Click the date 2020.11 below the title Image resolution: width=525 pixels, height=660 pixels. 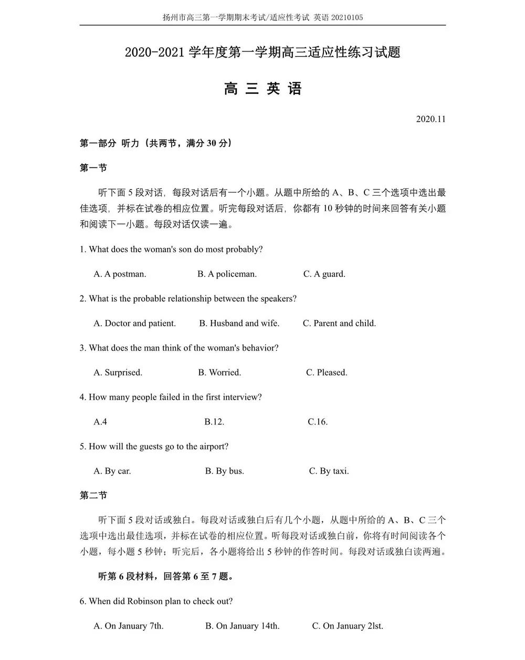[x=430, y=119]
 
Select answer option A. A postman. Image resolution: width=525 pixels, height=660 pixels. [x=120, y=274]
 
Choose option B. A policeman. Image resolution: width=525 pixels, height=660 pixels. [x=227, y=274]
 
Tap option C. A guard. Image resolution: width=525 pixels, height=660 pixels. [x=324, y=274]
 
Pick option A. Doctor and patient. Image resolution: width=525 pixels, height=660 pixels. [x=134, y=323]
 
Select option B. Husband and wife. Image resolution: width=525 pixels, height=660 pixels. [x=239, y=323]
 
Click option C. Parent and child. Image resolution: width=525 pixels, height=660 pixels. [x=339, y=323]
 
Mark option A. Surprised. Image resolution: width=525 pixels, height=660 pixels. [x=118, y=372]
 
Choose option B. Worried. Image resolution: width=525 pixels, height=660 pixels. [x=219, y=372]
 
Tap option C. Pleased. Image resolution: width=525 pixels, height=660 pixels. [x=327, y=372]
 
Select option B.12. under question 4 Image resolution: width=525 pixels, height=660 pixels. [x=214, y=422]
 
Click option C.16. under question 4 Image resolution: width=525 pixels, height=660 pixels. [x=318, y=422]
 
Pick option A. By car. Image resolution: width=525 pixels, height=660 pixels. [x=112, y=471]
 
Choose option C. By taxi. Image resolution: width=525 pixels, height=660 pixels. [x=329, y=471]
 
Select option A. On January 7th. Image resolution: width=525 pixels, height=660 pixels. [x=128, y=626]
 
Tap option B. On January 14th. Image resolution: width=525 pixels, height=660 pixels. [x=242, y=626]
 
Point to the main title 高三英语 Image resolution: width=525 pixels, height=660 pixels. [x=262, y=89]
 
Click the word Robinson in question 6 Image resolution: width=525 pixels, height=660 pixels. [x=145, y=601]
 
